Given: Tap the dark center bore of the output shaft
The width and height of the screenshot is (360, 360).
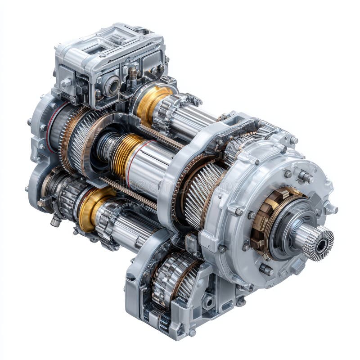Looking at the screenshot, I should tap(322, 246).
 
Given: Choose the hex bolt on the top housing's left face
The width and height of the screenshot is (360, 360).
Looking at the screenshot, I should tap(66, 83).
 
